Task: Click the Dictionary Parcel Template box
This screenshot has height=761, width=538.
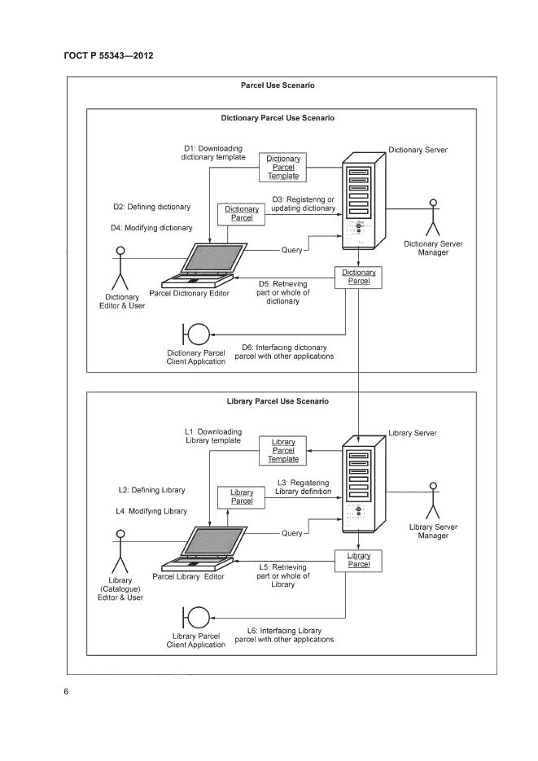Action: [x=283, y=167]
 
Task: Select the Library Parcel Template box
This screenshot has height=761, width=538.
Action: [x=283, y=450]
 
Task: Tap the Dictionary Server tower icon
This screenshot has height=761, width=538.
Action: [x=358, y=199]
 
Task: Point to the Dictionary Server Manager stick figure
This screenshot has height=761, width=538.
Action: [x=432, y=217]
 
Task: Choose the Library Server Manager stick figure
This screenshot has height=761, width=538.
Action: [x=433, y=501]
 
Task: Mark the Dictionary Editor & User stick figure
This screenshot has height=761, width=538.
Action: [x=120, y=268]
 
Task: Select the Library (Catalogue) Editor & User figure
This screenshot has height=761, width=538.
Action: [x=120, y=553]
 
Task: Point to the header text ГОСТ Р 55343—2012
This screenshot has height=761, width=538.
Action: [x=108, y=56]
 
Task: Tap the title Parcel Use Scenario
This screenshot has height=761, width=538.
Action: [x=278, y=85]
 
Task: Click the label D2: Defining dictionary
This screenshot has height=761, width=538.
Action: [x=151, y=208]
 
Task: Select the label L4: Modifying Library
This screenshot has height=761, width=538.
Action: [x=151, y=511]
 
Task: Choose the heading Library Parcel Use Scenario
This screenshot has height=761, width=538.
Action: [x=278, y=401]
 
